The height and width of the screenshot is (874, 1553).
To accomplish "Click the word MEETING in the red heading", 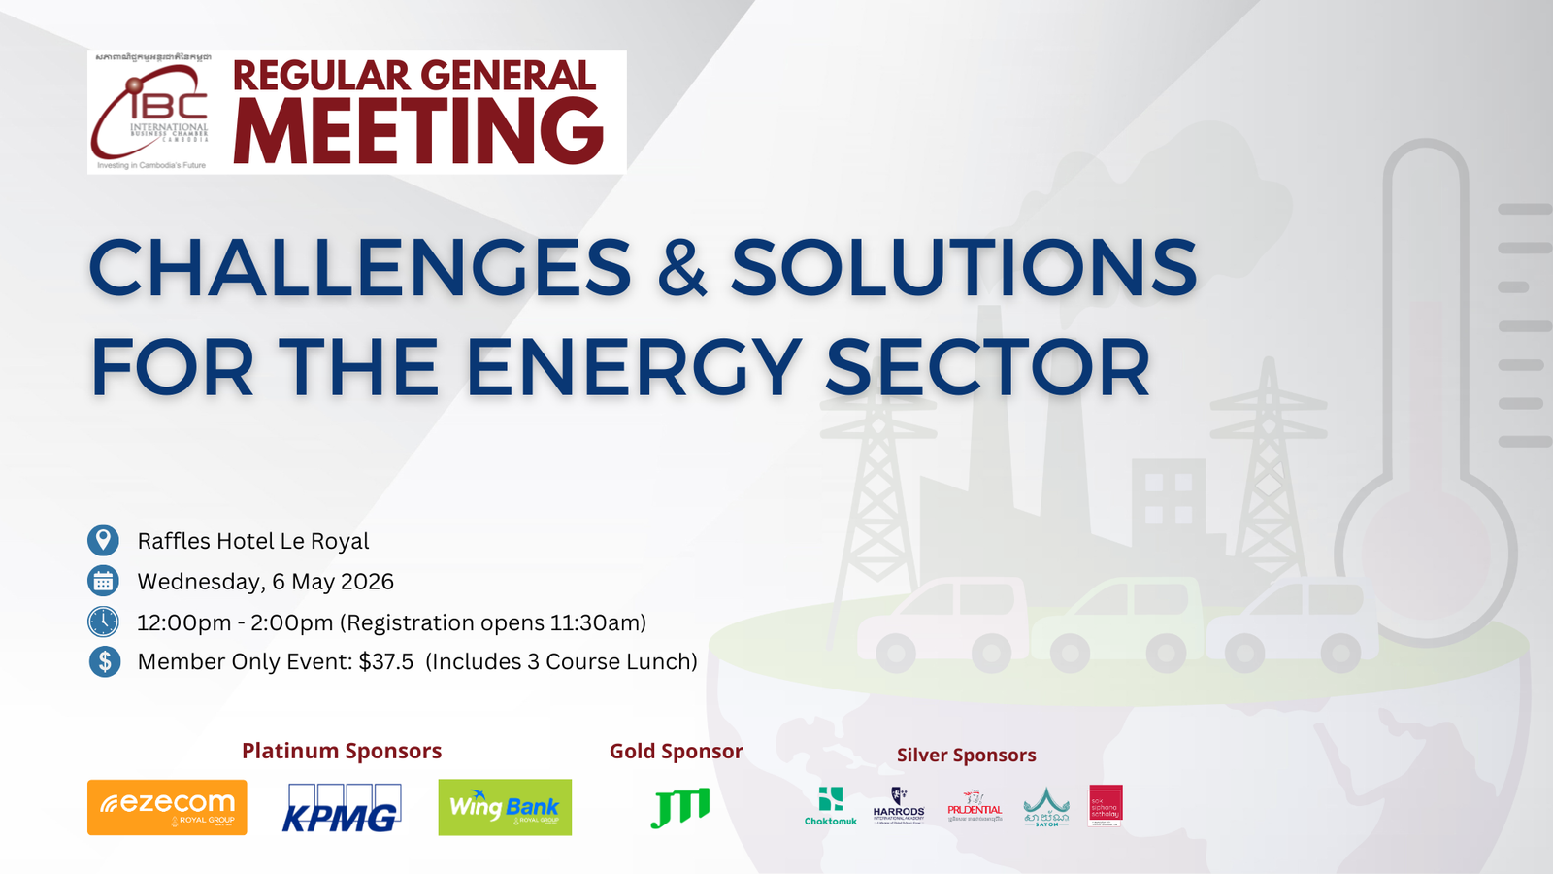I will coord(418,133).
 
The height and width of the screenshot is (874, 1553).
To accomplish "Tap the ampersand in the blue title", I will coord(681,268).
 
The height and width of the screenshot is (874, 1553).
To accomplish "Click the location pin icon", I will coord(103,540).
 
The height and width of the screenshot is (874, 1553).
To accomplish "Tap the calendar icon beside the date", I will coord(103,581).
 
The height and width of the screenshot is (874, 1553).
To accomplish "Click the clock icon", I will coord(103,622).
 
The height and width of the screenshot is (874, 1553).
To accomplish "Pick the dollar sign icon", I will coord(104,661).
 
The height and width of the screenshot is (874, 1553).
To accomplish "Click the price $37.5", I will coord(386,661).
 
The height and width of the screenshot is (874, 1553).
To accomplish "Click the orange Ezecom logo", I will coord(167,807).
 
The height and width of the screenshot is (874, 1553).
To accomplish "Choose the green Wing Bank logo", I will coord(505,807).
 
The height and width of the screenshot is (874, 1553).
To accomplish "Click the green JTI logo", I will coord(679,807).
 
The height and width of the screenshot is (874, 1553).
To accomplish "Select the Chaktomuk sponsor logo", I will coord(831,806).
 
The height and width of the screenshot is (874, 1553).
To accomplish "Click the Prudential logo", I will coord(975,807).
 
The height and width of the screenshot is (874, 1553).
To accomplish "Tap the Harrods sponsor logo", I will coord(899,806).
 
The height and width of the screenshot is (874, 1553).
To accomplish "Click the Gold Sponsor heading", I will coord(676,751).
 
